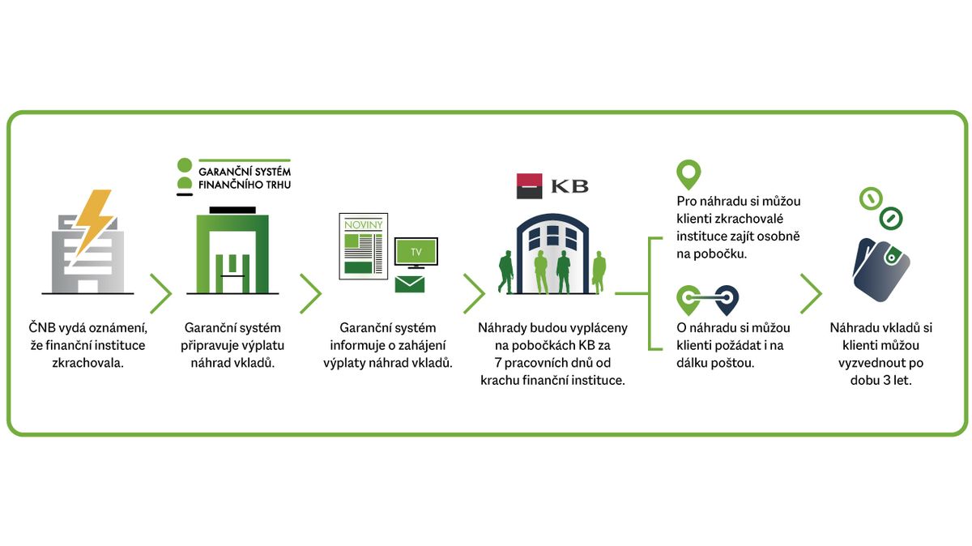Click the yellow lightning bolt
coord(96,221)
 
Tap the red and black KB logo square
coord(529,186)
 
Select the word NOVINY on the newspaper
coord(363,225)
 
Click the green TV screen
coord(416,252)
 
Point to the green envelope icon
coord(409,284)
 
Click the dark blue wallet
coord(881,270)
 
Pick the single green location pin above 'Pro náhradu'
coord(688,174)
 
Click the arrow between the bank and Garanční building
coord(161,293)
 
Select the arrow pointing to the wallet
coord(811,293)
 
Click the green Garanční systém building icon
coord(232,251)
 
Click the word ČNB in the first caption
coord(42,328)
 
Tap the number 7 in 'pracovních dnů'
coord(498,363)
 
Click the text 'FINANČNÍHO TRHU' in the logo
coord(245,185)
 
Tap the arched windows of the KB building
coord(552,237)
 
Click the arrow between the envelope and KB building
coord(474,293)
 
